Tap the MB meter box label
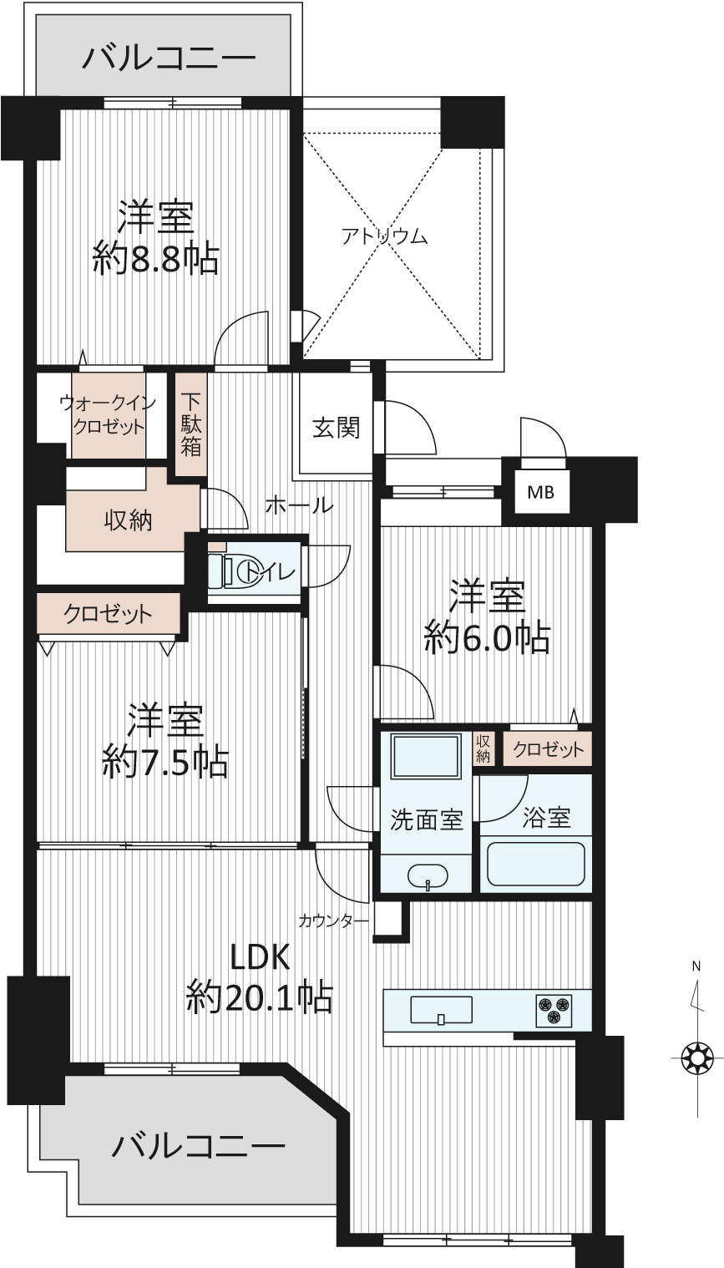[540, 492]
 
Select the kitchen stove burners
[553, 1010]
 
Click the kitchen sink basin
[441, 1011]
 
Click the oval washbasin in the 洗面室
[428, 877]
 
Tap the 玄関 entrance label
[337, 428]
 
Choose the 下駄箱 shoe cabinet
[190, 424]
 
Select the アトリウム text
[384, 236]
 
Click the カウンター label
[334, 921]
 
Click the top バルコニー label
[169, 58]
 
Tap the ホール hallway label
[300, 505]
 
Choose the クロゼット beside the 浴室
[548, 749]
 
